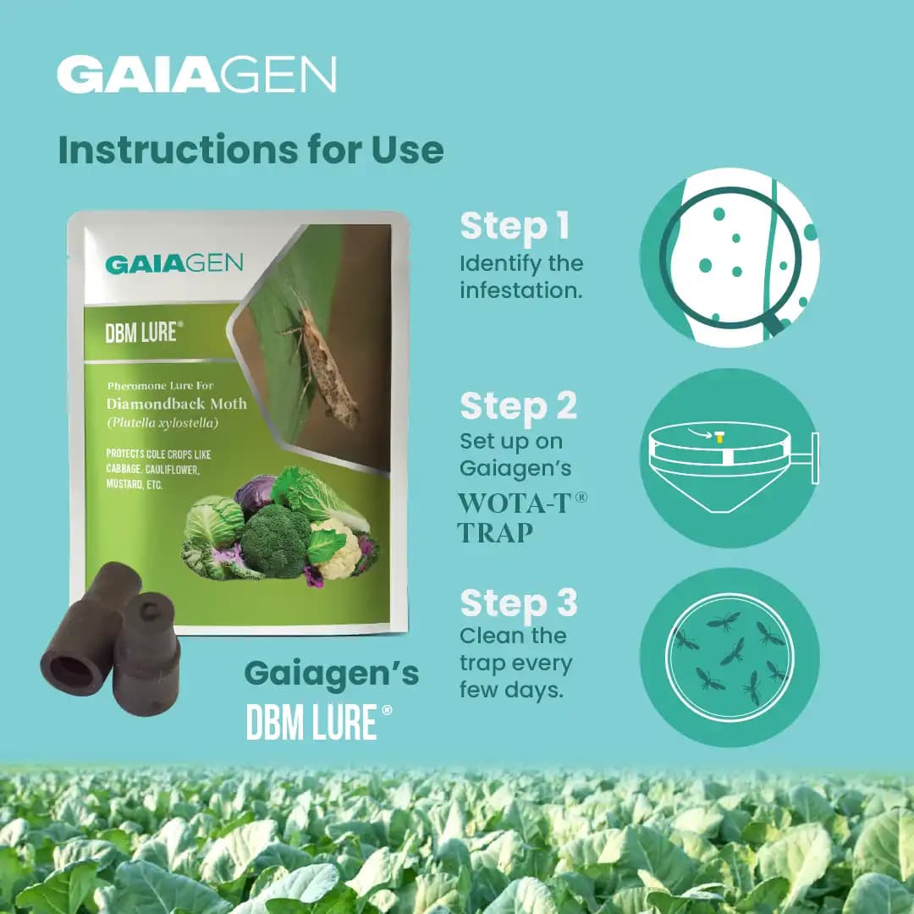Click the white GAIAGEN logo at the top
click(196, 74)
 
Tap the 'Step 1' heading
click(515, 226)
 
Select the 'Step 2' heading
click(518, 405)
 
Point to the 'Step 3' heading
click(518, 603)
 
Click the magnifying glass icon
click(730, 258)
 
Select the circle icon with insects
click(730, 658)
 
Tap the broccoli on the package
click(275, 540)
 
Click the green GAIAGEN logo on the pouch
click(173, 264)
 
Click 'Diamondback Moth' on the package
click(177, 404)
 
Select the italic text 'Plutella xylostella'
click(162, 422)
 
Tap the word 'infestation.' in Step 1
click(521, 290)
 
